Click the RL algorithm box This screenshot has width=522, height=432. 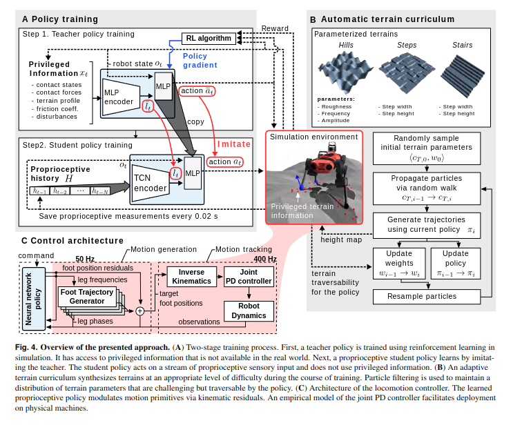[208, 38]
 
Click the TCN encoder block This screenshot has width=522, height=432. [151, 182]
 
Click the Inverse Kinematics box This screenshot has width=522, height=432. [191, 277]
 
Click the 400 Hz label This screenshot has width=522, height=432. [264, 259]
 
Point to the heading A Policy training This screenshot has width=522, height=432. [60, 19]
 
